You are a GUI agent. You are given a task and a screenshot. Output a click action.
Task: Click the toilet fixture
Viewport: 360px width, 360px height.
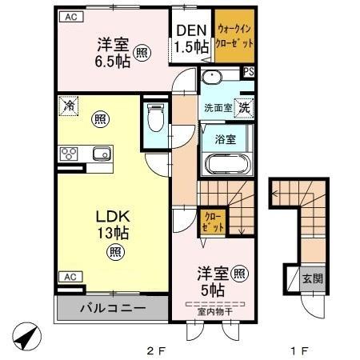click(155, 120)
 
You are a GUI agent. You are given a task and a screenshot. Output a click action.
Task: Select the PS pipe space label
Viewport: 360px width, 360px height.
click(249, 72)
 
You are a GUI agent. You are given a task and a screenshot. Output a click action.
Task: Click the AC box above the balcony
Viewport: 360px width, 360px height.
click(70, 276)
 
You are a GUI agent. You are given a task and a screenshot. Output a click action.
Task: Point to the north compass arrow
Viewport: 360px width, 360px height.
click(26, 336)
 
